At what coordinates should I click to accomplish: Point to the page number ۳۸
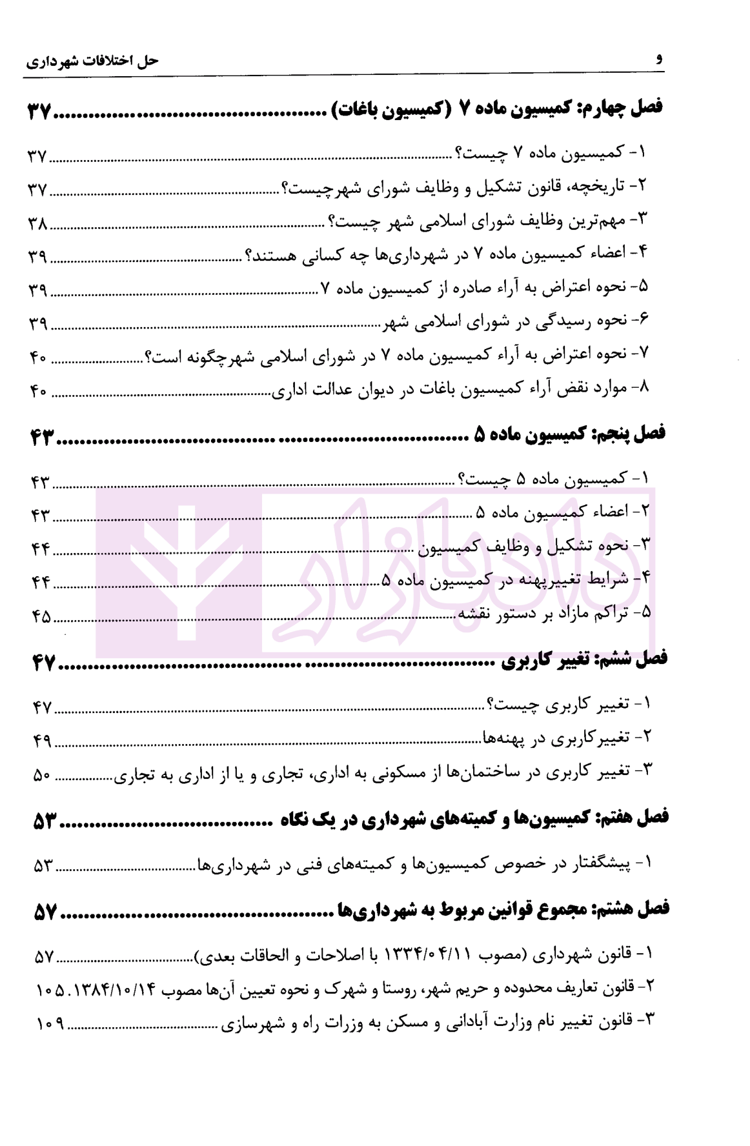(37, 224)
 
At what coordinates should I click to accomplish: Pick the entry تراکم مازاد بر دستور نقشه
(554, 613)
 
